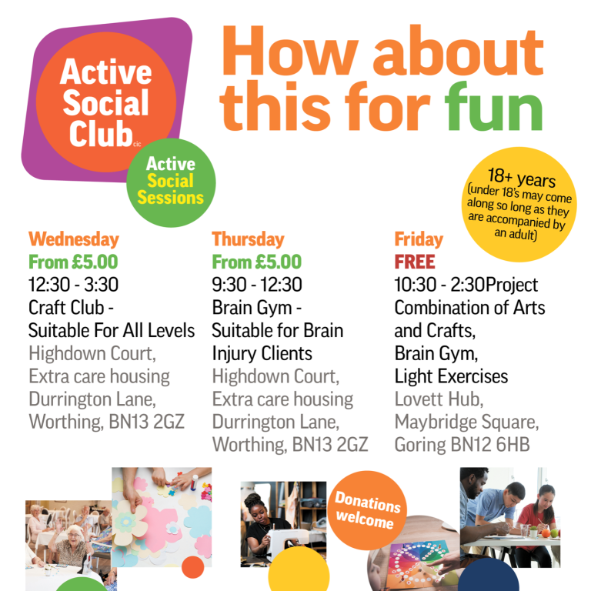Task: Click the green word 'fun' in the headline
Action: click(x=493, y=107)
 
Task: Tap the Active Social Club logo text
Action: click(x=105, y=102)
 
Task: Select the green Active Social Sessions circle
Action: click(x=171, y=183)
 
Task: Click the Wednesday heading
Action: click(x=74, y=239)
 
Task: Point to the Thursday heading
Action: click(x=248, y=239)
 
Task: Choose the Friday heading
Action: click(x=419, y=239)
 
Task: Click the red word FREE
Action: click(x=415, y=262)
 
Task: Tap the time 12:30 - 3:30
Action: click(x=74, y=285)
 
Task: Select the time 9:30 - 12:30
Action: click(x=257, y=285)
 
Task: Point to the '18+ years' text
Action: click(x=522, y=178)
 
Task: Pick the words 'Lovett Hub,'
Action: click(x=439, y=399)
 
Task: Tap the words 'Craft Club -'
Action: click(x=72, y=308)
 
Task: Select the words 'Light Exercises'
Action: click(x=451, y=376)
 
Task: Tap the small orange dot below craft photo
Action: click(x=192, y=567)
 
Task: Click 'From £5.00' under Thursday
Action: click(x=257, y=262)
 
